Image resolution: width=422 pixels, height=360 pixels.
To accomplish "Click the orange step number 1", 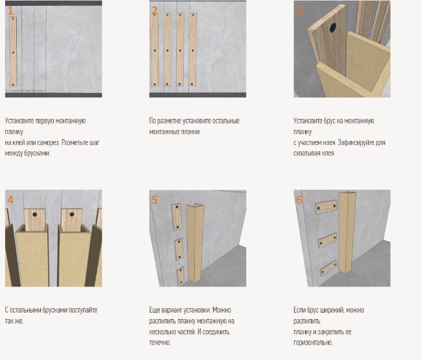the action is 10,11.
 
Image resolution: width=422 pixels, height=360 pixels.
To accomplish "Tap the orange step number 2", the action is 155,11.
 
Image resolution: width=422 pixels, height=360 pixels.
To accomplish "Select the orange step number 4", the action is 10,200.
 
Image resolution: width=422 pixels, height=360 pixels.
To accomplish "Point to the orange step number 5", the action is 155,200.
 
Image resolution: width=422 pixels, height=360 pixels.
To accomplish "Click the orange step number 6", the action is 299,200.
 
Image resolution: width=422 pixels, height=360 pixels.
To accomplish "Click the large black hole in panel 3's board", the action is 333,27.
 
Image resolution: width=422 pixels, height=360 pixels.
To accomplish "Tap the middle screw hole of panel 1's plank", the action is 13,52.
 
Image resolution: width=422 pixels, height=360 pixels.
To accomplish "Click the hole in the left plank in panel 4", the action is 34,214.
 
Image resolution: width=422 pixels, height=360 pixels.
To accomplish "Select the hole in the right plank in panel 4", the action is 72,214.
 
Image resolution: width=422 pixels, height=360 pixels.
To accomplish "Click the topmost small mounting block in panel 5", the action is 177,217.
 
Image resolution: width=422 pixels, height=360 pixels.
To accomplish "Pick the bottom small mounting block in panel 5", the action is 180,276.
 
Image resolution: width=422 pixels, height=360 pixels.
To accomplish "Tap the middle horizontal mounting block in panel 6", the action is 327,240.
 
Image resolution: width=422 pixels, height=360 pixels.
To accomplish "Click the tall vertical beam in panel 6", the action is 347,232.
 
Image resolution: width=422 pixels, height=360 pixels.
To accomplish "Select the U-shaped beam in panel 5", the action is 195,243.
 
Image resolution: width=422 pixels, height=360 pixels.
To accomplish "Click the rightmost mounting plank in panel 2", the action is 193,49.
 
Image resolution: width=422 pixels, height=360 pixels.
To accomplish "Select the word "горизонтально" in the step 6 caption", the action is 312,342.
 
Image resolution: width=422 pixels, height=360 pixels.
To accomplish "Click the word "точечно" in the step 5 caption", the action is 160,342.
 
